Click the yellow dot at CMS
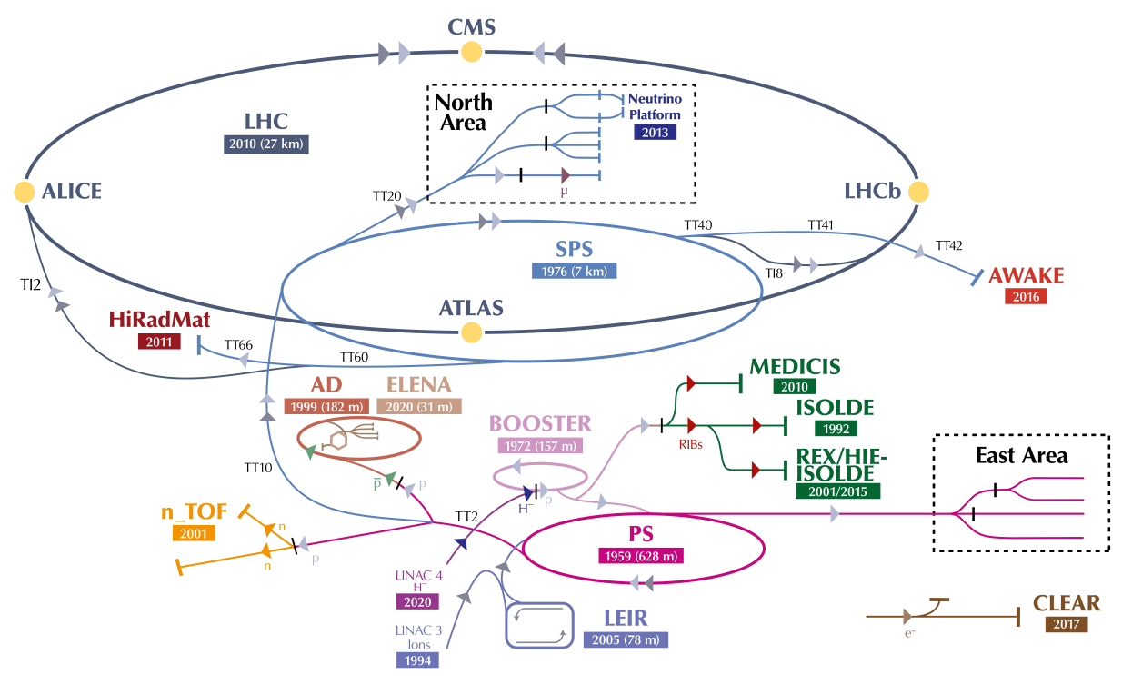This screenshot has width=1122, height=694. tap(471, 53)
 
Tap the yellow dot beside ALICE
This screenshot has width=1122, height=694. tap(25, 192)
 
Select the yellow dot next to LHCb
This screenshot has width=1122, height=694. tap(918, 192)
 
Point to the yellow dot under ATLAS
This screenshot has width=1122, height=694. tap(471, 332)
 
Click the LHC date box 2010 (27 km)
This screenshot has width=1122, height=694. tap(265, 144)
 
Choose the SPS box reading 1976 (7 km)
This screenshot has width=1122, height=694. tap(574, 271)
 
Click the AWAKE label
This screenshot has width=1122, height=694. tap(1026, 276)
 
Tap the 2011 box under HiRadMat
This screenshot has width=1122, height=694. tap(159, 342)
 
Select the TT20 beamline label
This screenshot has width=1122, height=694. tap(386, 195)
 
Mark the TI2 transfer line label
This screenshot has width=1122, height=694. tap(31, 283)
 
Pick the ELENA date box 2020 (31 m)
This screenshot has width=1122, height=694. tap(419, 407)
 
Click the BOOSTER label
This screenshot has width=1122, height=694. tap(540, 423)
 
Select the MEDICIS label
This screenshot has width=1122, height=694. tap(795, 367)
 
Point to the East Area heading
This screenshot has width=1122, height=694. tap(1021, 456)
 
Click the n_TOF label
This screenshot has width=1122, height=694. tap(194, 511)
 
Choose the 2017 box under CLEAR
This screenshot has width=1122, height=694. tap(1066, 624)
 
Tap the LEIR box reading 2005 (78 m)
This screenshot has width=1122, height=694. tap(626, 639)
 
